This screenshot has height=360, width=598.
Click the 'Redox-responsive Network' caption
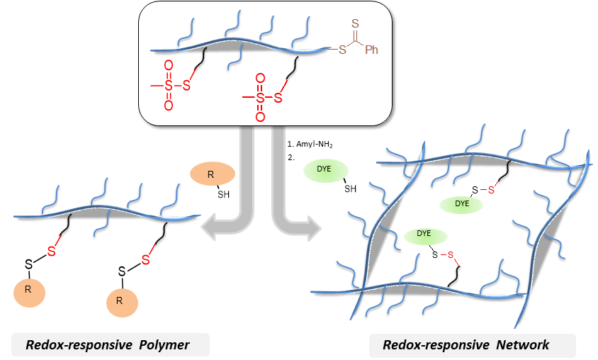pyautogui.click(x=466, y=345)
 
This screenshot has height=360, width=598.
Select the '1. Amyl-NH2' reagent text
pyautogui.click(x=310, y=145)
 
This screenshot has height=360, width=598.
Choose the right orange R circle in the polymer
pyautogui.click(x=121, y=301)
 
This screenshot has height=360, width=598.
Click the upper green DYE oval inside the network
pyautogui.click(x=462, y=203)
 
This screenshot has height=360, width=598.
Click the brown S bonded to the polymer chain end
pyautogui.click(x=342, y=50)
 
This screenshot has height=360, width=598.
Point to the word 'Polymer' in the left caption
pyautogui.click(x=166, y=345)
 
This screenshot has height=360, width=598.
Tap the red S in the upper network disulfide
pyautogui.click(x=491, y=191)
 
